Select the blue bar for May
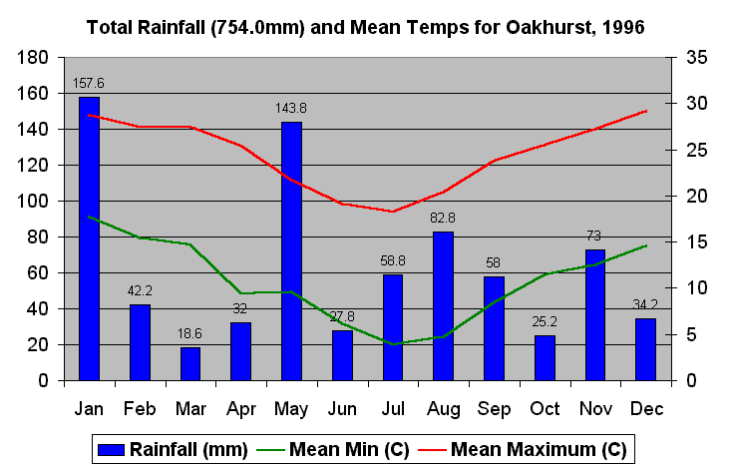291,250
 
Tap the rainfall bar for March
189,363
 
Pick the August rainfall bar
443,305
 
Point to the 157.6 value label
89,83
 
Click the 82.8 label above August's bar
443,218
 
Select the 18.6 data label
189,332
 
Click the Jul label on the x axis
393,409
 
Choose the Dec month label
645,409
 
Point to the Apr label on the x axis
240,409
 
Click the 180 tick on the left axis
35,58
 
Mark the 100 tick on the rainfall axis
35,202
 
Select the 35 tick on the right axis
696,58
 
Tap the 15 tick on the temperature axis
696,242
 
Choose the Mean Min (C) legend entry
335,450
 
